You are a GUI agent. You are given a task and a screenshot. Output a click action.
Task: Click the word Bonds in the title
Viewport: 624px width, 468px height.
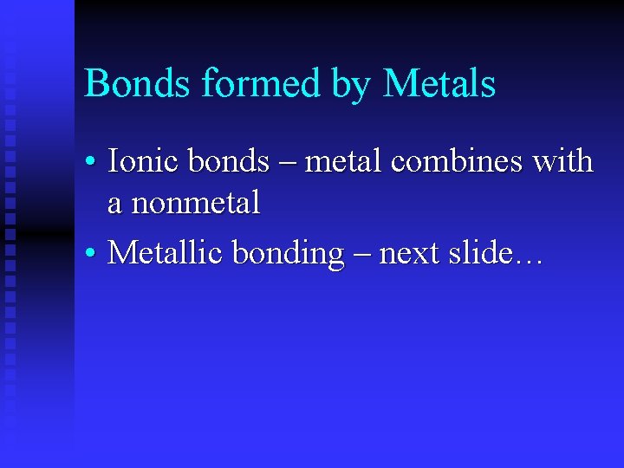click(x=138, y=85)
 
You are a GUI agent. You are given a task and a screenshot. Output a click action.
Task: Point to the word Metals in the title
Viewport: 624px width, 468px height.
click(x=439, y=85)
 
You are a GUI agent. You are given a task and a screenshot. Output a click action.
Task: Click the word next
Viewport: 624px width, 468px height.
click(x=409, y=253)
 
